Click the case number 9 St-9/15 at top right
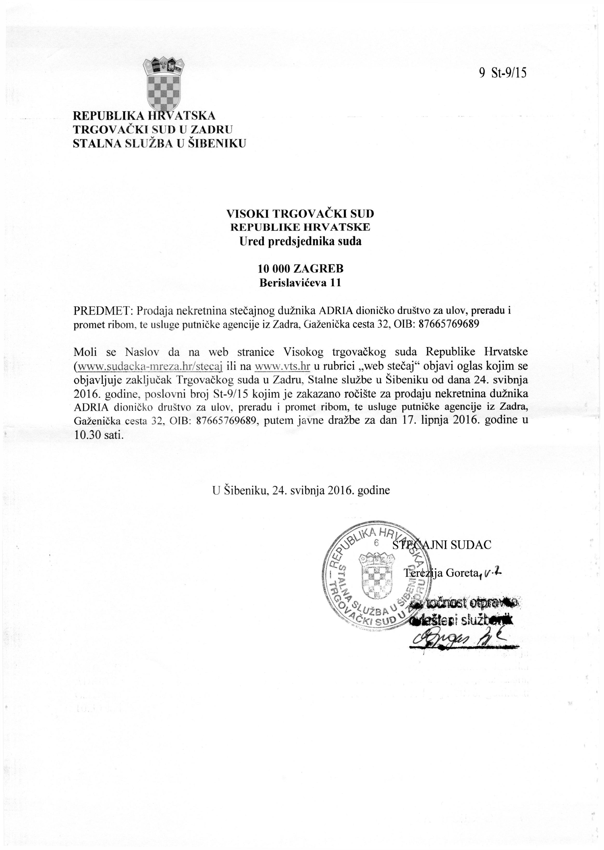pos(503,73)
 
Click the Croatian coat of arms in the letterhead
pos(164,82)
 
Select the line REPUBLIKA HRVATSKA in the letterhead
pos(144,116)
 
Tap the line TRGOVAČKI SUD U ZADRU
pos(152,129)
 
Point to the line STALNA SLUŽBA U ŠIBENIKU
pos(159,143)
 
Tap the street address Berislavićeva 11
pos(300,283)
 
